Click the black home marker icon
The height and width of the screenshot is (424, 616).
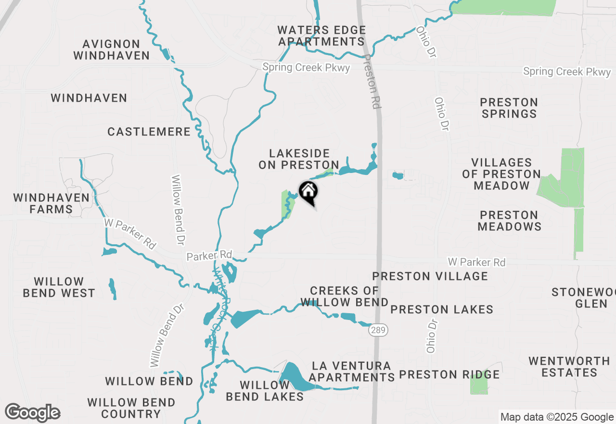(308, 192)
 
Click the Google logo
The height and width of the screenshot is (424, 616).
(33, 413)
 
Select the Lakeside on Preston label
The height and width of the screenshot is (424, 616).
(299, 159)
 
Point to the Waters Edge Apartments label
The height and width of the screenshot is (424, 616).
(321, 36)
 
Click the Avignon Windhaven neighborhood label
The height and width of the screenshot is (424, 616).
(111, 50)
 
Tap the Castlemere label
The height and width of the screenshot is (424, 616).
(149, 132)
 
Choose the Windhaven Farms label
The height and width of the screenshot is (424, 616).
(51, 203)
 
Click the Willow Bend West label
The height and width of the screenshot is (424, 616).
(59, 287)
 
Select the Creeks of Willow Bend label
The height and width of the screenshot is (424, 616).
(345, 296)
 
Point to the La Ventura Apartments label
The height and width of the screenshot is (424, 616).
(351, 371)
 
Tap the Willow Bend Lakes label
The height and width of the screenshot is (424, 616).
(265, 391)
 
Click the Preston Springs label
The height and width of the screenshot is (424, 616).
(509, 108)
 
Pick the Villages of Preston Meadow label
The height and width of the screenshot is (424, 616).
(501, 174)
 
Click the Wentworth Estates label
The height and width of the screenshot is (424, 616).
(569, 367)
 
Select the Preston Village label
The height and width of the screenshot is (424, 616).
(430, 276)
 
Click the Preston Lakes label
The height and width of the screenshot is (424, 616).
(442, 309)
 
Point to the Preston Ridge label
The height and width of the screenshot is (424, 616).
(449, 374)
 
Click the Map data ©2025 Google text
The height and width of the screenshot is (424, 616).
(556, 417)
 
